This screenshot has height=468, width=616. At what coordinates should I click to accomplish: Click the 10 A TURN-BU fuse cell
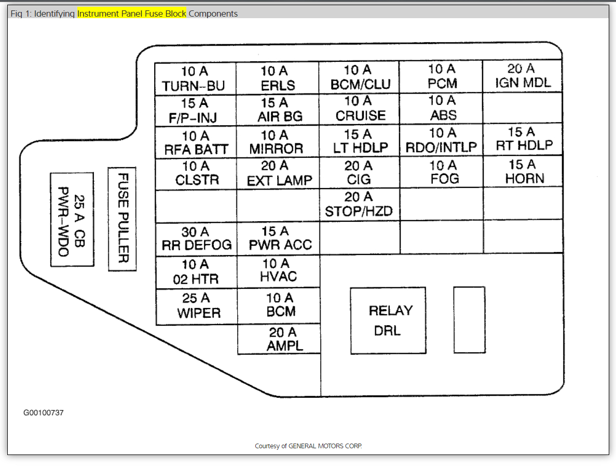195,79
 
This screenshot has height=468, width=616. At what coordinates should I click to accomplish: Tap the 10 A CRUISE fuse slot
359,109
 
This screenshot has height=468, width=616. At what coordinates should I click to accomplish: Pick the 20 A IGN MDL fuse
522,76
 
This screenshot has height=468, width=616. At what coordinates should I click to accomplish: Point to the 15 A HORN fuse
523,172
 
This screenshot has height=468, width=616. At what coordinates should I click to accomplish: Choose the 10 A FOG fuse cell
442,172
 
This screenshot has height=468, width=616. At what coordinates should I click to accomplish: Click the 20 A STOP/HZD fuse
359,204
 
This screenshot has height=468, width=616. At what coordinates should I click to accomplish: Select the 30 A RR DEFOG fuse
196,238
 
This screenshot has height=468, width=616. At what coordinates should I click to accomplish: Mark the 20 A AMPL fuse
279,339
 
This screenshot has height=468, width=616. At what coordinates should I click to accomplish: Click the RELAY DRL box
388,320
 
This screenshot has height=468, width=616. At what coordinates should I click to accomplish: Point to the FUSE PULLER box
122,219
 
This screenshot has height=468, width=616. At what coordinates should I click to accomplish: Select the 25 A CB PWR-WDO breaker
72,219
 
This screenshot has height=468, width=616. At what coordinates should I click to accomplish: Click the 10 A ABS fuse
442,108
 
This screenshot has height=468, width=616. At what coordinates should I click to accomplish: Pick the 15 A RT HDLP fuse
523,139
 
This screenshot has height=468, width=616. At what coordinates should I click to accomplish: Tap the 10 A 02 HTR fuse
196,272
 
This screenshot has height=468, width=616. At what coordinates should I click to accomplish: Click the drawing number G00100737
44,413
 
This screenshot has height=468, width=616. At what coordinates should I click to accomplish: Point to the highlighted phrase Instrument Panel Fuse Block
132,14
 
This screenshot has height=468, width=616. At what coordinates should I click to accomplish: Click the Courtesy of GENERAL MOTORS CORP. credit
308,446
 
